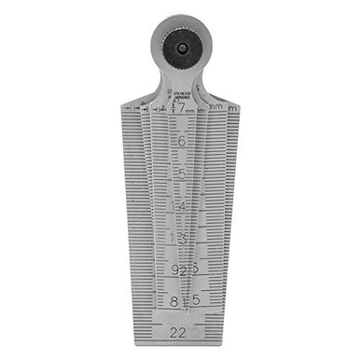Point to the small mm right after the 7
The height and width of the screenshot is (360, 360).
190,113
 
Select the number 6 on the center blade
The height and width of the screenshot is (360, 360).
180,142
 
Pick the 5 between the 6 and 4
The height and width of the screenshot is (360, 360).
180,173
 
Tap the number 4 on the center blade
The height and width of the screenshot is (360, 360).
180,206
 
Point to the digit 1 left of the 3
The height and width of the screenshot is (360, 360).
172,239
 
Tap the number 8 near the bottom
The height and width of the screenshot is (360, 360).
174,301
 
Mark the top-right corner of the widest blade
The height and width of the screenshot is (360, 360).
240,105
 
